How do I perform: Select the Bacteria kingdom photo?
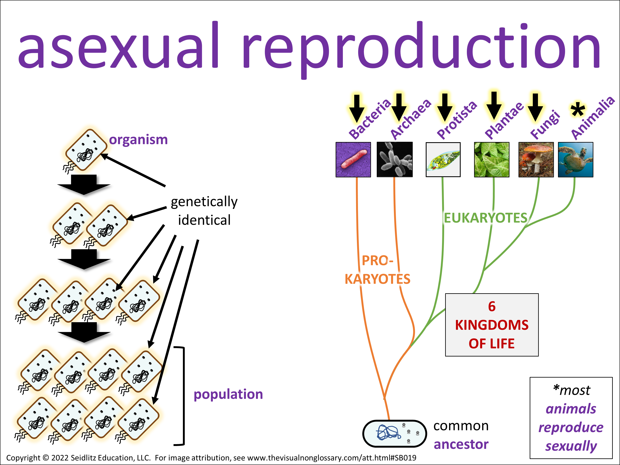[353, 160]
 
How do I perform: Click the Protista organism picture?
[443, 160]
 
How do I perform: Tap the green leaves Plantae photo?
[492, 160]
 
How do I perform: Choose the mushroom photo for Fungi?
[536, 160]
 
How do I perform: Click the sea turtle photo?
[575, 160]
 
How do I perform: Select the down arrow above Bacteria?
[356, 109]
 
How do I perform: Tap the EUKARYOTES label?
[485, 218]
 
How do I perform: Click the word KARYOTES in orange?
[377, 279]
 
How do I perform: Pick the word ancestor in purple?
[461, 445]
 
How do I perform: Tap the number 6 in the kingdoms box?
[492, 306]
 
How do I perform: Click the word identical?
[204, 220]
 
